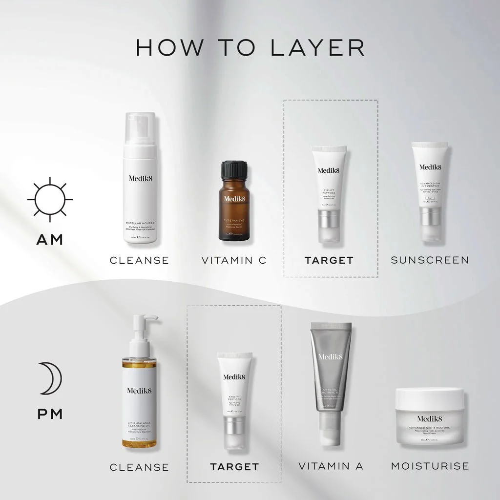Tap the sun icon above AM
tap(50, 200)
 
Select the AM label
tap(50, 240)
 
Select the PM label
tap(50, 415)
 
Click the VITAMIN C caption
tap(234, 260)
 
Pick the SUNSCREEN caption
tap(430, 260)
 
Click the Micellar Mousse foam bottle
tap(139, 186)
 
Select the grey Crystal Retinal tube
tap(331, 376)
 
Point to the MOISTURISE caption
tap(430, 466)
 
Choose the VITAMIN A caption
tap(331, 466)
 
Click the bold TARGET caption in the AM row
tap(329, 260)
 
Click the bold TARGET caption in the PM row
tap(234, 467)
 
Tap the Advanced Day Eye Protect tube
tap(430, 190)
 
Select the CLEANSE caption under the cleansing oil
tap(139, 467)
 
